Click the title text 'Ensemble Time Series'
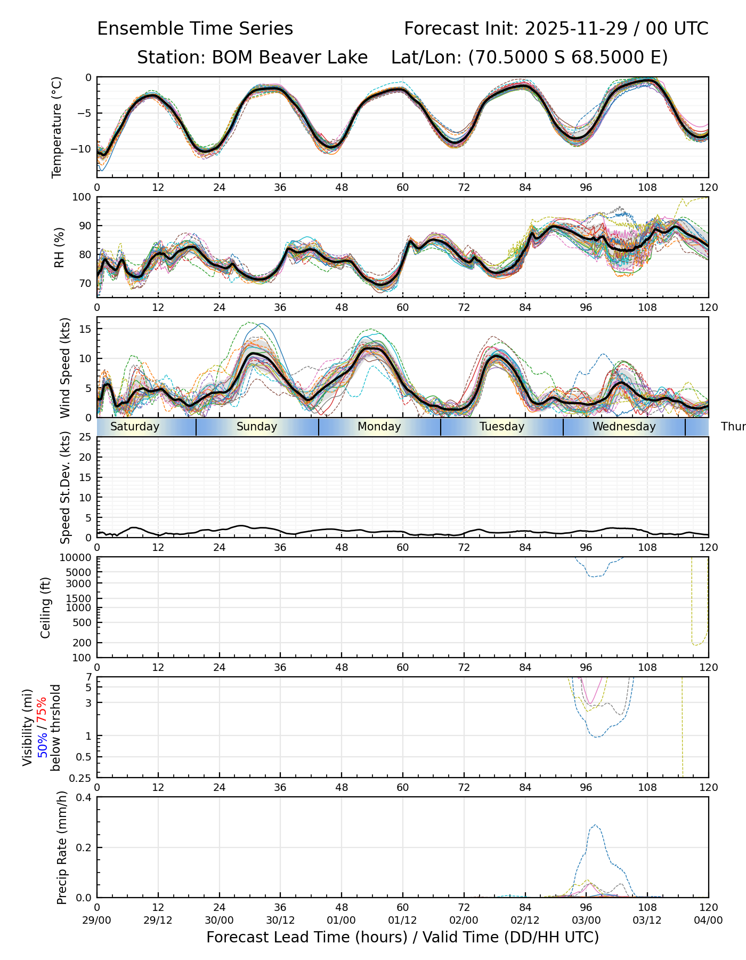pos(195,29)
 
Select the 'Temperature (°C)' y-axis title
pos(57,127)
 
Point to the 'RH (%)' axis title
pos(59,247)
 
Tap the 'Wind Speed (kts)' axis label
pos(65,367)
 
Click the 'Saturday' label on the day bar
pos(135,427)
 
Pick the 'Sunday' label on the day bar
pos(257,427)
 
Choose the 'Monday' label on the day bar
pos(379,427)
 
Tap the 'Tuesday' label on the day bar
pos(502,427)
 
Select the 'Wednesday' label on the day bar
pos(624,427)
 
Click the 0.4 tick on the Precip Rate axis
pos(84,797)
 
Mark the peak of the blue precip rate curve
pos(595,825)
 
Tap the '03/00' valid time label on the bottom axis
pos(586,921)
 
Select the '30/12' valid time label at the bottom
pos(280,921)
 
